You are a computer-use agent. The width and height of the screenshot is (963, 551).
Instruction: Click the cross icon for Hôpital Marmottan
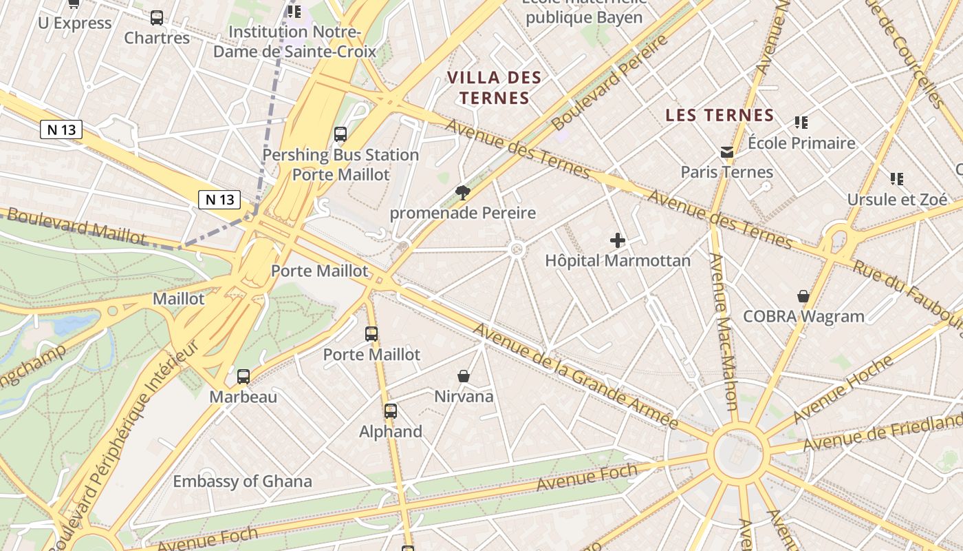618,240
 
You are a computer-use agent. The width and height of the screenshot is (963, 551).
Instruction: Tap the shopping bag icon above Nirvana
464,376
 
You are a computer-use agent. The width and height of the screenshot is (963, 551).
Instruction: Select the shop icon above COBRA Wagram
803,296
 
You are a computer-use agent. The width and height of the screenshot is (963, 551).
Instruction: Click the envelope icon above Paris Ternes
726,152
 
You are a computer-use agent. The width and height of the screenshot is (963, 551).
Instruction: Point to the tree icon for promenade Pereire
462,193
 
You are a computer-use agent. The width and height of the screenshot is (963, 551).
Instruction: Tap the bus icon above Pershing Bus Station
340,134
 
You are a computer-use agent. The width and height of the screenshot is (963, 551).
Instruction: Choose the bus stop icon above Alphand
391,411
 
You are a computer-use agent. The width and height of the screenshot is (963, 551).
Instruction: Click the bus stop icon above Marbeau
244,377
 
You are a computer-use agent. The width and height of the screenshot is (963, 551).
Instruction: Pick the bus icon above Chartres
157,18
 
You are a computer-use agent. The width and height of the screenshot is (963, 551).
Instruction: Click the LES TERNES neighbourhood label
719,115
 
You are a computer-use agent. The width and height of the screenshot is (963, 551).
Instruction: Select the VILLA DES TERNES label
495,87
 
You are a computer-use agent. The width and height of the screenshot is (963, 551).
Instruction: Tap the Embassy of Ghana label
242,481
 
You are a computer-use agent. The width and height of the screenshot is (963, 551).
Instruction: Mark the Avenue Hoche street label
843,390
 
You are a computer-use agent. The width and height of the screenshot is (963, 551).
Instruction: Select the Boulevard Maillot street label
76,227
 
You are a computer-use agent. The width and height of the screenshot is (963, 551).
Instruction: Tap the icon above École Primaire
801,123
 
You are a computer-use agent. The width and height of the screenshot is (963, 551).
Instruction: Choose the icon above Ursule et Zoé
897,179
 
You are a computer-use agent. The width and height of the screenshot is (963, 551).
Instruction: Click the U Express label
74,23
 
